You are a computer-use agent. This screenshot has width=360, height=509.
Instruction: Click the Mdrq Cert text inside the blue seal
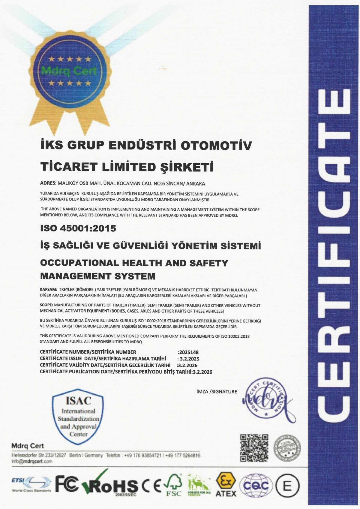coord(69,71)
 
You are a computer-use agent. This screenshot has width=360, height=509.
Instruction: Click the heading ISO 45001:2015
coord(78,228)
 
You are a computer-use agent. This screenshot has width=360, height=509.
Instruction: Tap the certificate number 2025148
coord(188,352)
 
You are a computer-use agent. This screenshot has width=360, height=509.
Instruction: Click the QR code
coord(254,448)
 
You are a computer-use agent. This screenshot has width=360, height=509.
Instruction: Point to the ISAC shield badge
coord(78,417)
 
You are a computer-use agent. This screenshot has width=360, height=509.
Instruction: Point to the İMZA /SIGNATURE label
coord(216,391)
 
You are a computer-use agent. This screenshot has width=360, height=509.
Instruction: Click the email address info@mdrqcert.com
coord(32,461)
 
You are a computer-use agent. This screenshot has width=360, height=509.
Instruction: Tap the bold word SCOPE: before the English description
coord(46,305)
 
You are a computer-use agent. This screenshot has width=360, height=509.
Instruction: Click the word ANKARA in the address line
coord(196,183)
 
